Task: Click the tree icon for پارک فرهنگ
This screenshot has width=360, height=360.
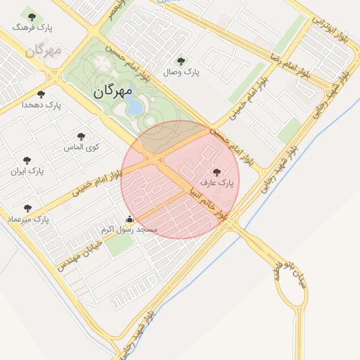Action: coord(31,15)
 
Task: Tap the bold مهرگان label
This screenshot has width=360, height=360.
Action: coord(112,91)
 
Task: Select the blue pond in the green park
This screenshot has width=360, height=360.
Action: coord(133,105)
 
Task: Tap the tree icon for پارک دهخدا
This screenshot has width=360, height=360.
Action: coord(41,93)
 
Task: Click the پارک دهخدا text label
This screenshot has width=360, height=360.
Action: coord(41,104)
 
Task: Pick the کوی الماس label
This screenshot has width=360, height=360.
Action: coord(82,147)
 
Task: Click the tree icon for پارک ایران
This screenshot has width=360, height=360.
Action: coord(27,160)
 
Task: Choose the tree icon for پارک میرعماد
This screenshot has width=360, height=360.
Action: coord(27,208)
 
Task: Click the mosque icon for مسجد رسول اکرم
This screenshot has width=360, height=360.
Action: coord(129,219)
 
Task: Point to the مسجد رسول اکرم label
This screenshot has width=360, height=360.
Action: coord(129,230)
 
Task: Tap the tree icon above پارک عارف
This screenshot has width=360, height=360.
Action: coord(216,172)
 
